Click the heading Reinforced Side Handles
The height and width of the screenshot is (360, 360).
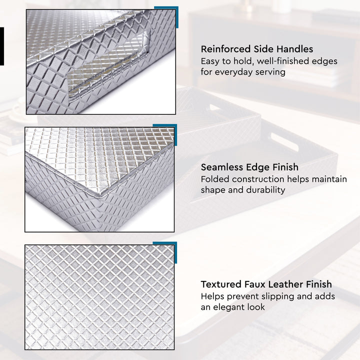(x=257, y=49)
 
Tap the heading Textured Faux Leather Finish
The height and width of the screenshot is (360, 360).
(x=266, y=284)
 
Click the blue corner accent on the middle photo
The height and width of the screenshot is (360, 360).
(x=170, y=129)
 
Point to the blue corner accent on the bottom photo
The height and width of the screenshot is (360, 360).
(x=170, y=247)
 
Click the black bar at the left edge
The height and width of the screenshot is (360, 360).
(x=1, y=46)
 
